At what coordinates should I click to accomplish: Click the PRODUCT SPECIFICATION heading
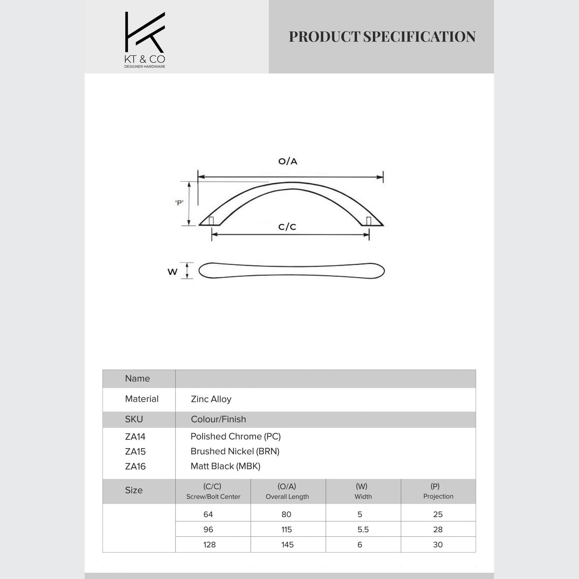(382, 37)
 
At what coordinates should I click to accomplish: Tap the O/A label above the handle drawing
(288, 161)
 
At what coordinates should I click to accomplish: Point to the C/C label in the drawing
(287, 227)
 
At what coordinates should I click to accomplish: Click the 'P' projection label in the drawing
(179, 203)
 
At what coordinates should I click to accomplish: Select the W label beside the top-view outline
(172, 272)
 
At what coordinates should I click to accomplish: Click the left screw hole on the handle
(211, 221)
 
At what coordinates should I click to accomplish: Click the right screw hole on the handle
(369, 221)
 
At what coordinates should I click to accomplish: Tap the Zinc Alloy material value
(211, 399)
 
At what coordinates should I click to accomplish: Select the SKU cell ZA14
(135, 437)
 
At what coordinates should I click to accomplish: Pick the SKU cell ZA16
(135, 466)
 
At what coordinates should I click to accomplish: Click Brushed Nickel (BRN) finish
(235, 451)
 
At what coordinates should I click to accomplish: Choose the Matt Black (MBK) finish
(225, 466)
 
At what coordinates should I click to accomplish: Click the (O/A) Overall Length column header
(287, 491)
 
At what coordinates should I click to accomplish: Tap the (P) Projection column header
(438, 491)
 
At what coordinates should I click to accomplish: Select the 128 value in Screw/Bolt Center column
(209, 544)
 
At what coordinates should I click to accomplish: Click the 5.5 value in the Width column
(363, 529)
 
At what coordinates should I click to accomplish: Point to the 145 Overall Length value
(287, 544)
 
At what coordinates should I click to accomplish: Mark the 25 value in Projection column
(438, 514)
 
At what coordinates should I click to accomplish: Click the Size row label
(134, 490)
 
